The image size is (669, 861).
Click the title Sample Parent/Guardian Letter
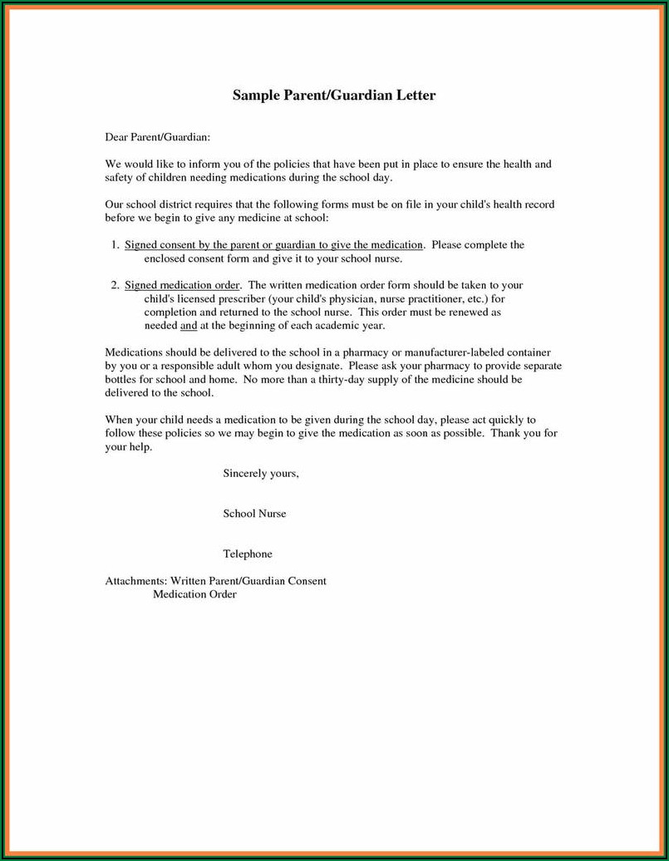(x=334, y=96)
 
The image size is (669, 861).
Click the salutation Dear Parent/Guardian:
(x=157, y=135)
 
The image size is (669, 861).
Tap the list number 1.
(x=115, y=245)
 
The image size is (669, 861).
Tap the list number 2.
(x=115, y=285)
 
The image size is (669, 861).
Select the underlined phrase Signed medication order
(x=183, y=285)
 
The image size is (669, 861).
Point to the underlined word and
(x=188, y=325)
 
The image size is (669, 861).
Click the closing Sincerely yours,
(x=261, y=474)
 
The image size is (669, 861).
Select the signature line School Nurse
(x=254, y=514)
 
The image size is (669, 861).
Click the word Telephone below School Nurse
(x=248, y=553)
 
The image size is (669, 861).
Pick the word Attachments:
(x=136, y=581)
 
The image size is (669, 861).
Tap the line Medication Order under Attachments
(x=194, y=594)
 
